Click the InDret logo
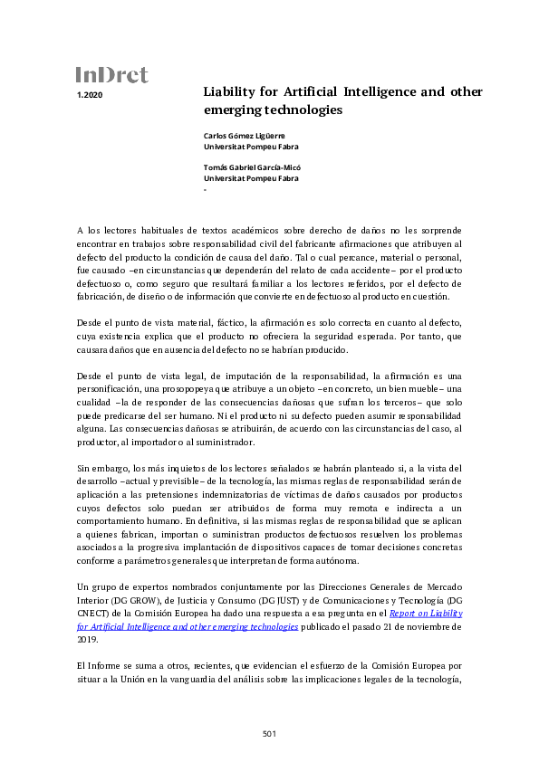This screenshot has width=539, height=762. (111, 75)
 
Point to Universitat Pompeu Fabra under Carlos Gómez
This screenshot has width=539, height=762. (251, 146)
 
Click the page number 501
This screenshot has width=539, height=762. (269, 733)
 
